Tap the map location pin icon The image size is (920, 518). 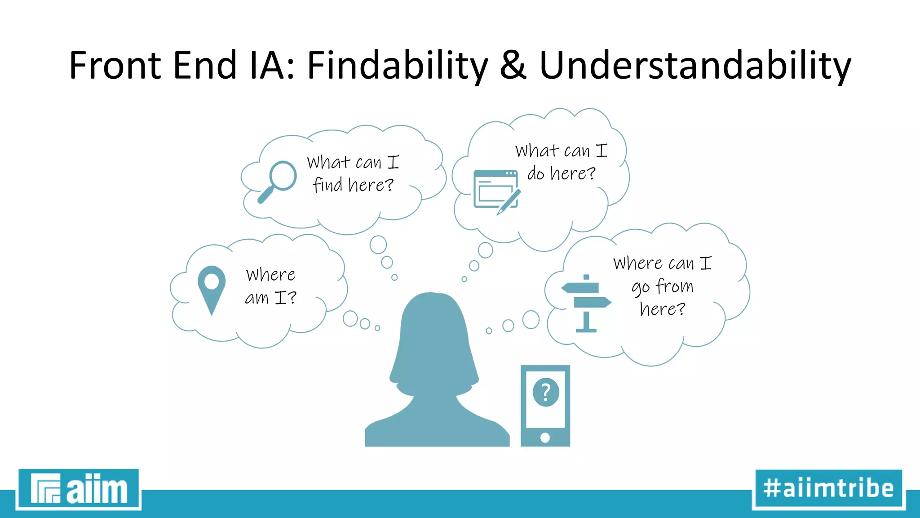click(211, 288)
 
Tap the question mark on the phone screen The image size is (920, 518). click(545, 392)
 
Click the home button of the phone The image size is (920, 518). click(545, 437)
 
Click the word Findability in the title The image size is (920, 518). click(397, 66)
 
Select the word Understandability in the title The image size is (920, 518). click(694, 66)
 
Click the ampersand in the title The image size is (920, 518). click(513, 66)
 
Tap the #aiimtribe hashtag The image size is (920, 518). click(828, 489)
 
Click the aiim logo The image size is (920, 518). click(79, 489)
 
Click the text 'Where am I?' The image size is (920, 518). click(270, 286)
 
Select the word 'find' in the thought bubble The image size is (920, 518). click(327, 185)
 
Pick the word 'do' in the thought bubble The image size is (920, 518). click(535, 173)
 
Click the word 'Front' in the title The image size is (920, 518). click(115, 66)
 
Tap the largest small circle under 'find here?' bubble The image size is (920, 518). click(378, 245)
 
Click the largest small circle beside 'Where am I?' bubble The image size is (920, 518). click(350, 318)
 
